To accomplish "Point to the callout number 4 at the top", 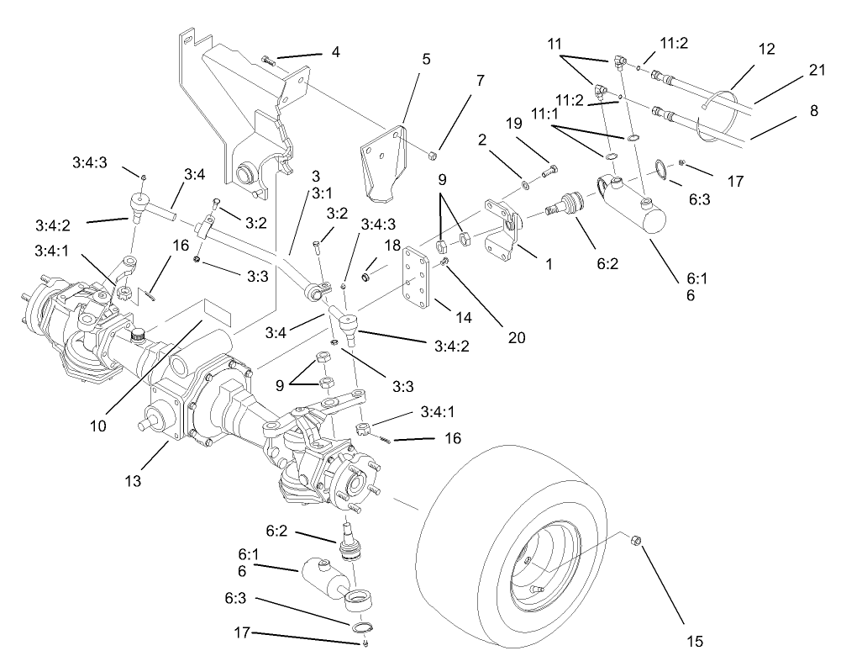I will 335,52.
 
